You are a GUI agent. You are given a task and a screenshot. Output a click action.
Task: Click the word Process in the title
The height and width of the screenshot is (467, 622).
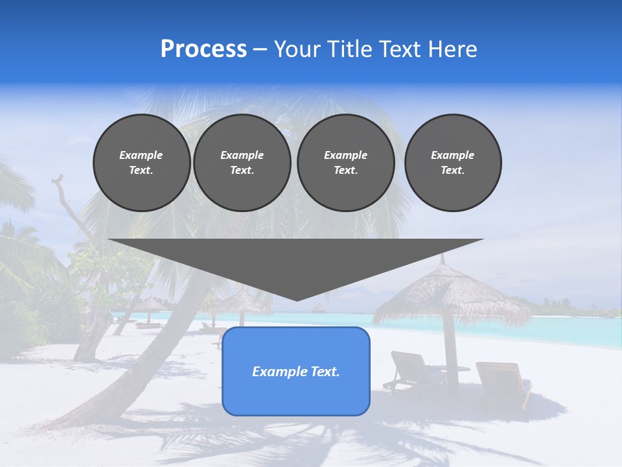[x=203, y=49]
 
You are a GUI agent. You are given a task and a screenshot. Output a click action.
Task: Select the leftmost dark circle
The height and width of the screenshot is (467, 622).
[x=141, y=163]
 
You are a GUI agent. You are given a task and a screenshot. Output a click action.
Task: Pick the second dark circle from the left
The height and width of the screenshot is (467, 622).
[x=242, y=163]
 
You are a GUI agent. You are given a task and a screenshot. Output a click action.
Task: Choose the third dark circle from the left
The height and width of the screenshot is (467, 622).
[x=345, y=163]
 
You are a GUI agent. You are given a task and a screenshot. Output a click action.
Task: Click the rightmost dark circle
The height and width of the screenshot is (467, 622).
[x=452, y=163]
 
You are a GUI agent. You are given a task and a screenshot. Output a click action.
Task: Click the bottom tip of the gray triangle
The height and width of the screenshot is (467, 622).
[x=297, y=300]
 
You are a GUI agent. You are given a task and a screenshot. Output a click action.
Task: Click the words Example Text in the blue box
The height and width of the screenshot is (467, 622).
[x=295, y=372]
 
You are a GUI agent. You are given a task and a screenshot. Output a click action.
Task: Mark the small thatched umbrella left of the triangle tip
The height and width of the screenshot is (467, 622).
[x=242, y=300]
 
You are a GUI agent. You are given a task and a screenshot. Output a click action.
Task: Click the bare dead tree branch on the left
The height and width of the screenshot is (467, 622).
[x=65, y=201]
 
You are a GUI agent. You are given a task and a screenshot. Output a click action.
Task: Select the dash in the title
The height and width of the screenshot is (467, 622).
[x=260, y=49]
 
